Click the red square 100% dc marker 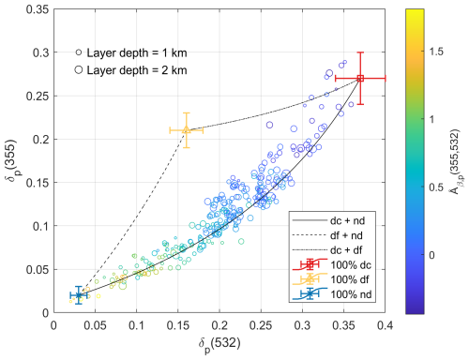coord(360,79)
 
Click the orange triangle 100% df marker coord(186,130)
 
